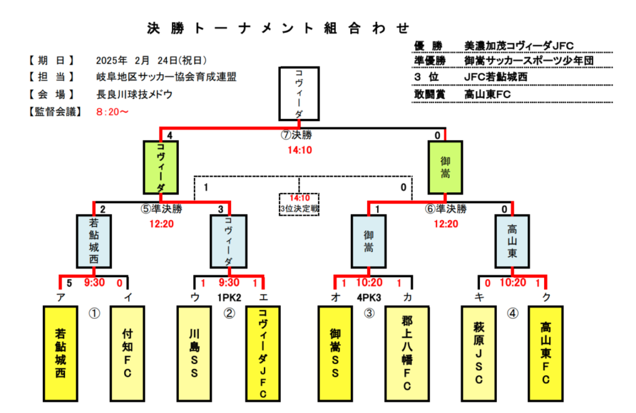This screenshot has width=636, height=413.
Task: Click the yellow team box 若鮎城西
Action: click(x=61, y=353)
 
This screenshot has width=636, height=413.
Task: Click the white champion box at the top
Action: click(x=299, y=94)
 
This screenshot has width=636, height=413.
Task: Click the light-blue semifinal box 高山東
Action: click(x=512, y=241)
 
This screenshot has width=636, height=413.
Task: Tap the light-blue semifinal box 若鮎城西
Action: click(x=94, y=241)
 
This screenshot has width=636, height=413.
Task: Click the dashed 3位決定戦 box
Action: click(x=299, y=204)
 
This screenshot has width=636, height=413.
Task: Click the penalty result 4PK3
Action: click(x=369, y=298)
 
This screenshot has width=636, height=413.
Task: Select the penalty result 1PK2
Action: click(x=229, y=298)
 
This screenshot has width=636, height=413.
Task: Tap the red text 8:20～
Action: click(x=112, y=112)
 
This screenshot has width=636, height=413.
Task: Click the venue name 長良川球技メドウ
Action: click(x=135, y=95)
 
